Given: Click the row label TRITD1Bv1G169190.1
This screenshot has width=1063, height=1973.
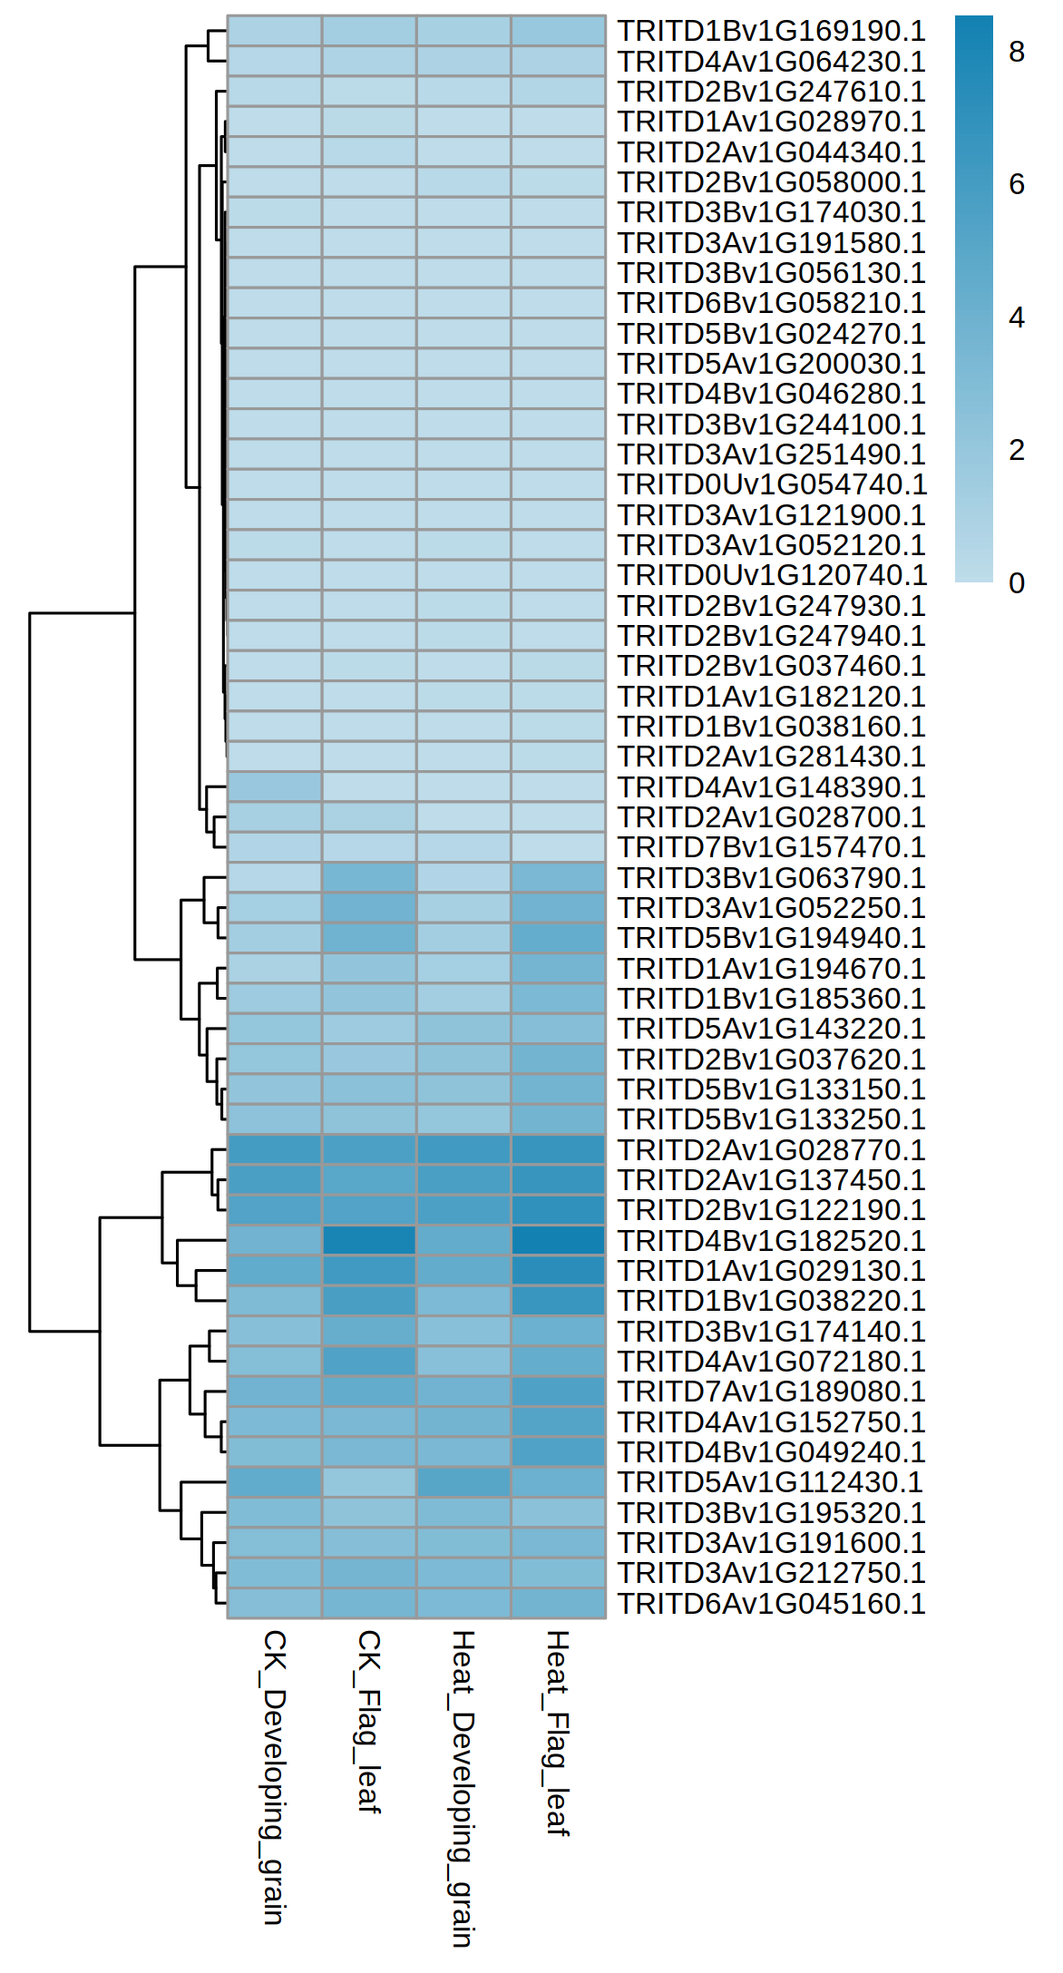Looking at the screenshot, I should (x=771, y=31).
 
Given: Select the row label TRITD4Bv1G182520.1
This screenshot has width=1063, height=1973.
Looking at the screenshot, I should (x=771, y=1240).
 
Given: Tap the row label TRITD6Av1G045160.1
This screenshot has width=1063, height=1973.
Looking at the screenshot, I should (x=771, y=1603).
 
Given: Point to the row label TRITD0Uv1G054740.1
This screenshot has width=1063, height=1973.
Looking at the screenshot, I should (x=772, y=484).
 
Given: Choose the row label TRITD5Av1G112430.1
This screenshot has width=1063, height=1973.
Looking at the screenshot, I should (x=770, y=1482).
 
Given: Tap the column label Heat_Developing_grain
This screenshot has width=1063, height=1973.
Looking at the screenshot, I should (x=463, y=1788).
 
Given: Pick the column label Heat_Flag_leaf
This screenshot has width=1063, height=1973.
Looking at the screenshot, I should (x=558, y=1733).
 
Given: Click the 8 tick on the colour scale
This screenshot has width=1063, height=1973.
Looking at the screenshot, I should (x=1016, y=52).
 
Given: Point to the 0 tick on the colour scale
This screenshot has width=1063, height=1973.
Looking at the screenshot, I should (x=1016, y=583).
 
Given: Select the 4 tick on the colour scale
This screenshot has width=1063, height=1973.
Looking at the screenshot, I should (x=1016, y=317).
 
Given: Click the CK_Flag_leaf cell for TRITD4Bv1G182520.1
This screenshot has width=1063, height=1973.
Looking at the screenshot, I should (x=369, y=1240).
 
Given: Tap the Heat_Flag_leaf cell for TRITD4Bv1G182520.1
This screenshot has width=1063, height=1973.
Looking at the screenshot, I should (x=558, y=1240).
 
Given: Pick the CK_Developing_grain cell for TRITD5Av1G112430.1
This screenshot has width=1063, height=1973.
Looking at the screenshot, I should (x=275, y=1482).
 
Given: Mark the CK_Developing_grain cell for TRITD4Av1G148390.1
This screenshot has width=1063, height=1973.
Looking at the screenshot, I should (x=275, y=786).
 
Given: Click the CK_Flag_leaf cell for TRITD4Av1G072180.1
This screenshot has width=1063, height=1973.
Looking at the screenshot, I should (x=369, y=1361).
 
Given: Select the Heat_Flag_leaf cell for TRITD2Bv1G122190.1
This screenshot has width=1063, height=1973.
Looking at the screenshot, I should (x=558, y=1210).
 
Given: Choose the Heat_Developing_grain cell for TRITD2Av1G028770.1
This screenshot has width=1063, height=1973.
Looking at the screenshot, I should (x=463, y=1149).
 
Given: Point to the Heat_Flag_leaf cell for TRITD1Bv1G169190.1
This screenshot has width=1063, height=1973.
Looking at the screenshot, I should (x=558, y=31).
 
